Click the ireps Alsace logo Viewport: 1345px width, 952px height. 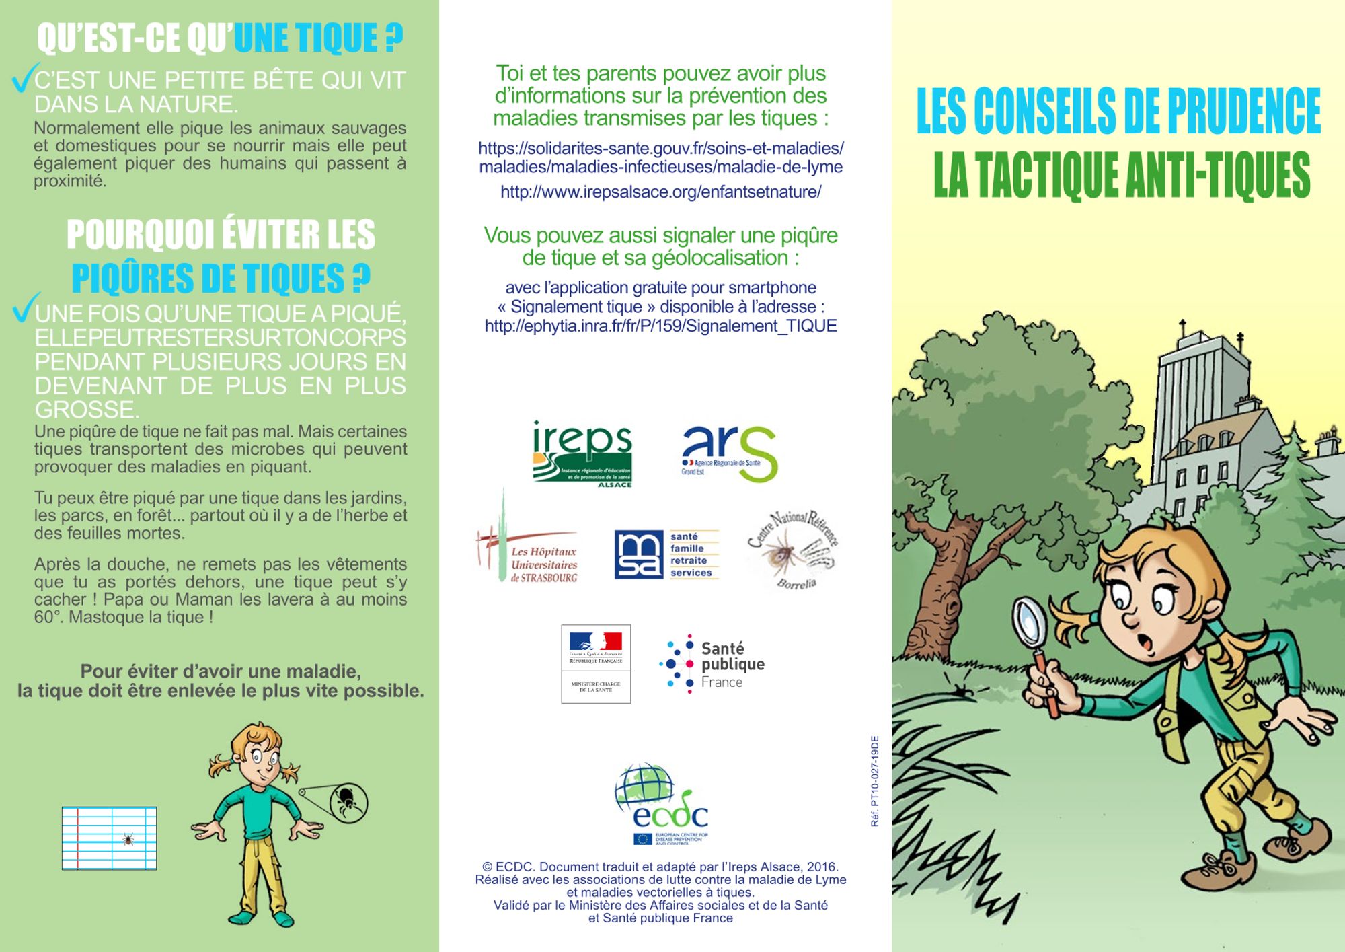582,454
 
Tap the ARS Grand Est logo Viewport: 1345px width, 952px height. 729,453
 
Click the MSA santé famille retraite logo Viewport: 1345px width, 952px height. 666,554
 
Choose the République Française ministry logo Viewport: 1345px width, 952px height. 596,664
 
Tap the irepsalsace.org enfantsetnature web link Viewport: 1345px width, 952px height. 660,192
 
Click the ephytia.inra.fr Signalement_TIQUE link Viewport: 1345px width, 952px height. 660,326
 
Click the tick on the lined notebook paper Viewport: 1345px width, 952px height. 128,839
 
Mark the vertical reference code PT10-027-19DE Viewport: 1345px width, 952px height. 874,780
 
